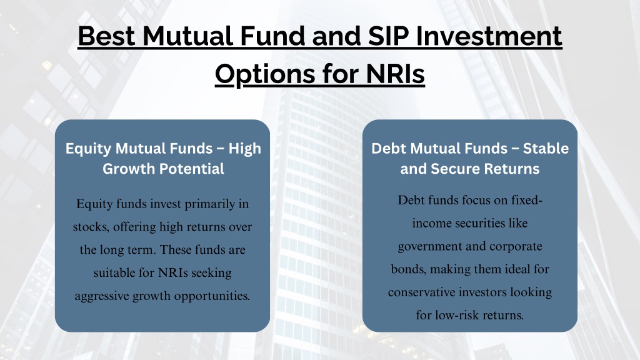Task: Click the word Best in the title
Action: coord(106,36)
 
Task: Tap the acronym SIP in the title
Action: coord(388,36)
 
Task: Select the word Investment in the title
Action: coord(489,36)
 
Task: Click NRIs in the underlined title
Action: coord(395,74)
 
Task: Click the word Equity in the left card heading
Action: coord(88,149)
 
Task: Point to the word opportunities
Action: coord(212,296)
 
